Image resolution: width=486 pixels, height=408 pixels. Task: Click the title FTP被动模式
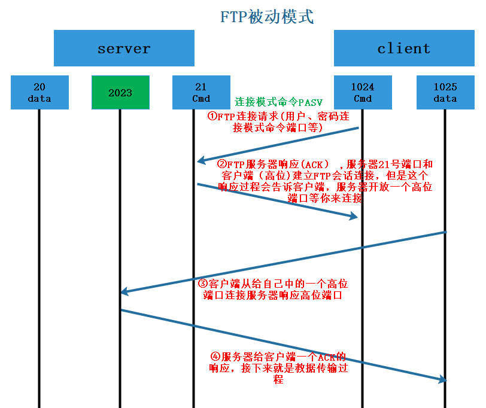pos(267,16)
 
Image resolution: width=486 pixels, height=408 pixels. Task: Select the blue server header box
pos(124,48)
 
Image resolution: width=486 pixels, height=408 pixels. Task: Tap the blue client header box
pos(403,48)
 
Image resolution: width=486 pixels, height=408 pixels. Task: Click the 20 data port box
pos(40,93)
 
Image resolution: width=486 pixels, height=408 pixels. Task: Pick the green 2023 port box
pos(120,93)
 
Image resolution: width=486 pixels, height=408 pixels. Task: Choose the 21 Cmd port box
pos(201,93)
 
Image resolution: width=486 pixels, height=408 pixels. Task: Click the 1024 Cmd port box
pos(363,93)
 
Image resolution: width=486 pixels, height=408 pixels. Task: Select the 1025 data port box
pos(445,93)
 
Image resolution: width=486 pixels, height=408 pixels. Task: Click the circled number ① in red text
pos(212,117)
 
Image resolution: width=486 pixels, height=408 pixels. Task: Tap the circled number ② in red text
pos(221,164)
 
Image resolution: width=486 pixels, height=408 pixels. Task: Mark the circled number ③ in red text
pos(202,284)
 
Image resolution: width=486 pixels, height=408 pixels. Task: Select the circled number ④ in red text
pos(216,357)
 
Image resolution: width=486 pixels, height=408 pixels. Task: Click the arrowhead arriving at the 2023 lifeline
pos(124,292)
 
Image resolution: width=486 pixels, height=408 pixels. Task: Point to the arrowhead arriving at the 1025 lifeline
pos(442,379)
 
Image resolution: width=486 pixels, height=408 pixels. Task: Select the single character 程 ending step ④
pos(278,379)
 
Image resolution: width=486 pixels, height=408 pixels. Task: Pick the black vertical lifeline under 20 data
pos(40,257)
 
